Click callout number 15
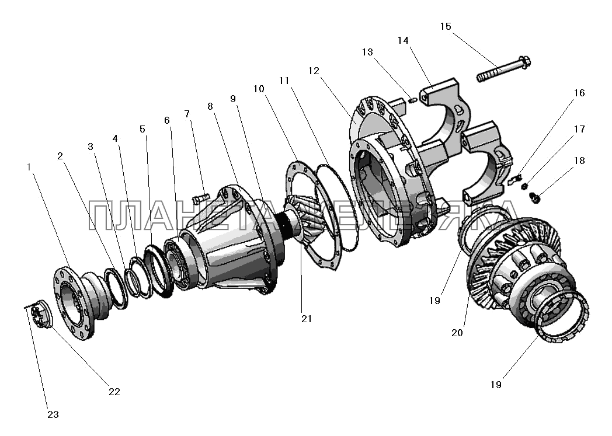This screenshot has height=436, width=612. pos(446,27)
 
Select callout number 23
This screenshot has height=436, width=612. pos(53,415)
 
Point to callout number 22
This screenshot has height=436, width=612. pos(114,392)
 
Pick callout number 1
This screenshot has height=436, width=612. pos(29,166)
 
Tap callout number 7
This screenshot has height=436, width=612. pos(187,113)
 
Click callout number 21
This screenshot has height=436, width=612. pos(307,318)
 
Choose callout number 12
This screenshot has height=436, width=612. pos(314,71)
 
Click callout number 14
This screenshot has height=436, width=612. pos(404,40)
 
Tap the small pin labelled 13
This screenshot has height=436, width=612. pos(412,100)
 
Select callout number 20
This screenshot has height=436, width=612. pos(457,333)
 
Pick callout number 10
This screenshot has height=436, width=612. pos(259,89)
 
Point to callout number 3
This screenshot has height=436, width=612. pos(91,147)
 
